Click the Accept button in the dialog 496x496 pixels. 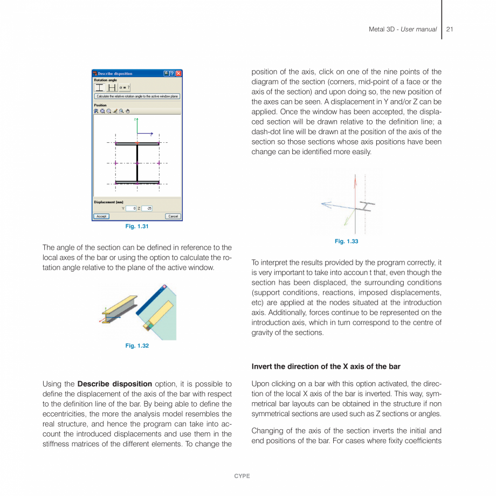(x=101, y=216)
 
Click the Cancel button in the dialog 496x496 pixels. (x=173, y=216)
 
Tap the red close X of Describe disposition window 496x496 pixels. (x=178, y=73)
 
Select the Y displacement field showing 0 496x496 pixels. (x=131, y=208)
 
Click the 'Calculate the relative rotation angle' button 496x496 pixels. (x=137, y=97)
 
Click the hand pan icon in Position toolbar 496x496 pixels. (x=127, y=111)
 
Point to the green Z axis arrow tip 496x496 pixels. (x=137, y=118)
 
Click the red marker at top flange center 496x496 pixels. (x=137, y=143)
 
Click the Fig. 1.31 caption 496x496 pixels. (x=137, y=226)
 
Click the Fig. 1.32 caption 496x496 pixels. (x=137, y=346)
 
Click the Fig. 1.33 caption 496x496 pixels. (x=346, y=241)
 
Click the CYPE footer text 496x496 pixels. (x=242, y=476)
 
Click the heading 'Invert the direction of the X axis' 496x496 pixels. (x=326, y=367)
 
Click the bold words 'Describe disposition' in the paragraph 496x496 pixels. (x=114, y=384)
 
